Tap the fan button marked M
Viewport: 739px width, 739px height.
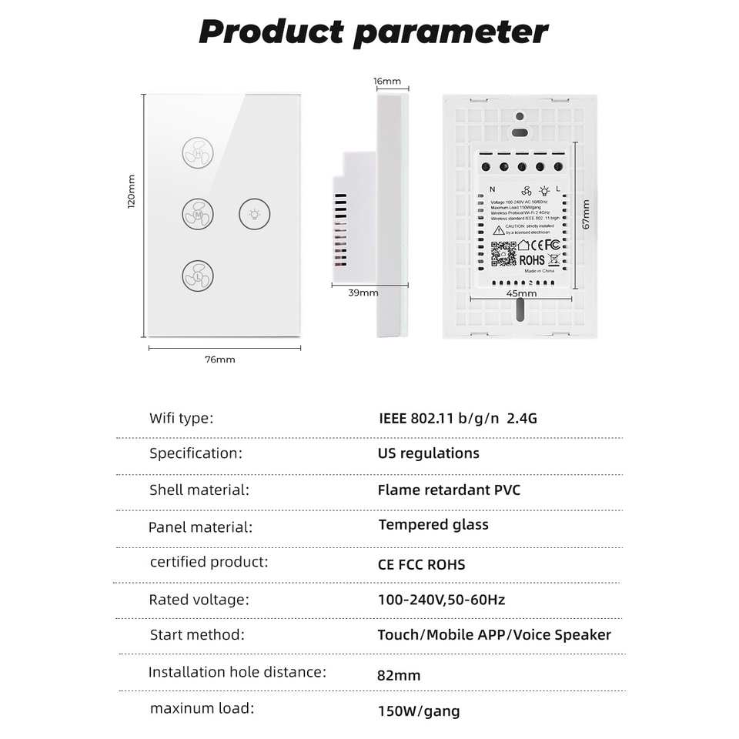[x=198, y=213]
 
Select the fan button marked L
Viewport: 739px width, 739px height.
[x=198, y=274]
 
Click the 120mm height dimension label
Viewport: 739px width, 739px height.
[x=131, y=190]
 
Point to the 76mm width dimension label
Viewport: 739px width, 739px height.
[x=220, y=359]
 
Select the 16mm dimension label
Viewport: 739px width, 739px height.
[x=387, y=82]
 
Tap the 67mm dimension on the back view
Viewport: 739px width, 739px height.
[x=586, y=215]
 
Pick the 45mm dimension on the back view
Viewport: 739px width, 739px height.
[x=521, y=293]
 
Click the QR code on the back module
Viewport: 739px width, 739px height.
[x=504, y=254]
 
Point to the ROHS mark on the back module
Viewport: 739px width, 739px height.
[x=532, y=261]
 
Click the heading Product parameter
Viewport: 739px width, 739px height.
[x=373, y=32]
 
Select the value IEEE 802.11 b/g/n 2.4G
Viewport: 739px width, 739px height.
[x=457, y=419]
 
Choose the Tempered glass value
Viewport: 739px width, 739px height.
[x=433, y=525]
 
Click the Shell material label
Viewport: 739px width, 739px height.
[x=199, y=490]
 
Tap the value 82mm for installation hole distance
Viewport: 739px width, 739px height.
[x=399, y=676]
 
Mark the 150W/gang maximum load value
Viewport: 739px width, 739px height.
[x=418, y=711]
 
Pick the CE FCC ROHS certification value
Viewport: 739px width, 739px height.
[x=421, y=564]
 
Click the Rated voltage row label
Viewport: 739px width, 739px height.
[x=199, y=599]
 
